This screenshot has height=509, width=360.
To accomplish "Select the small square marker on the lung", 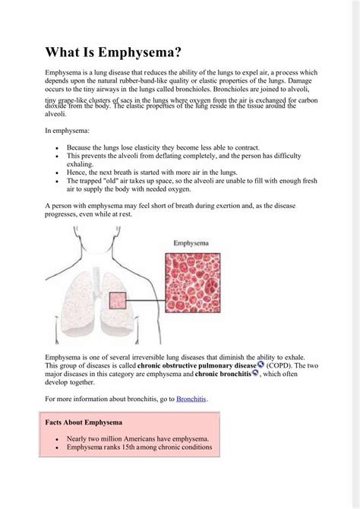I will [x=117, y=302].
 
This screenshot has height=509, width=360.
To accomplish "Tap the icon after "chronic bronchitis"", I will [x=255, y=373].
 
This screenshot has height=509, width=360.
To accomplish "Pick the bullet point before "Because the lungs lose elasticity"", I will [x=57, y=147].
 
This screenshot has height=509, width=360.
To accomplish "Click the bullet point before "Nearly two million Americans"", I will [x=57, y=438].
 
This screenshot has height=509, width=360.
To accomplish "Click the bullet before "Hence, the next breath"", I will [x=57, y=173].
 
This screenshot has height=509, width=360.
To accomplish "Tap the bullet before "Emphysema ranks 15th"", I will [x=57, y=448].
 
